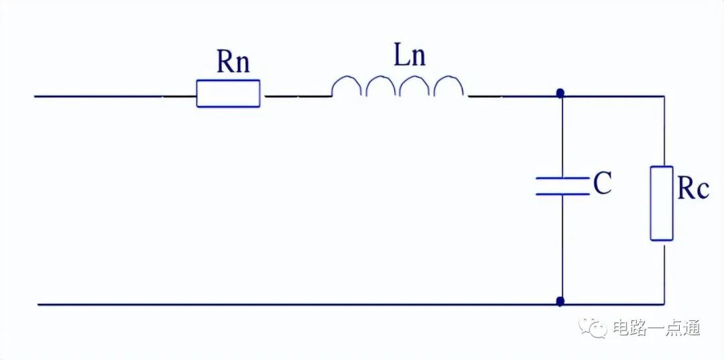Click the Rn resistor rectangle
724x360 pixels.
tap(228, 93)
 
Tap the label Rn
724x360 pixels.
tap(233, 62)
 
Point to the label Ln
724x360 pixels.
tap(409, 56)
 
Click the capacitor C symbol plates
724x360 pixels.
tap(561, 186)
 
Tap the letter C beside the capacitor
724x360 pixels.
tap(602, 184)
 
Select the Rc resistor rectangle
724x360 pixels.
tap(662, 203)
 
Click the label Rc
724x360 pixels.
tap(692, 190)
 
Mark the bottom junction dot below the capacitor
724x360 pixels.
tap(560, 302)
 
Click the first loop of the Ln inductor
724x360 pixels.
tap(347, 86)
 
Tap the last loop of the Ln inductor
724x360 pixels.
tap(449, 86)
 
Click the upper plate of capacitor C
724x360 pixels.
tap(561, 178)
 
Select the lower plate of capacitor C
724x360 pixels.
tap(561, 194)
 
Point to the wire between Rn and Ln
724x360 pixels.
tap(298, 96)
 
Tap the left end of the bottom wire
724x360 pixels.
tap(40, 304)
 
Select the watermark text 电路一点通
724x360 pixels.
tap(656, 328)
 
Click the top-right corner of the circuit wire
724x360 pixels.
tap(664, 96)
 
